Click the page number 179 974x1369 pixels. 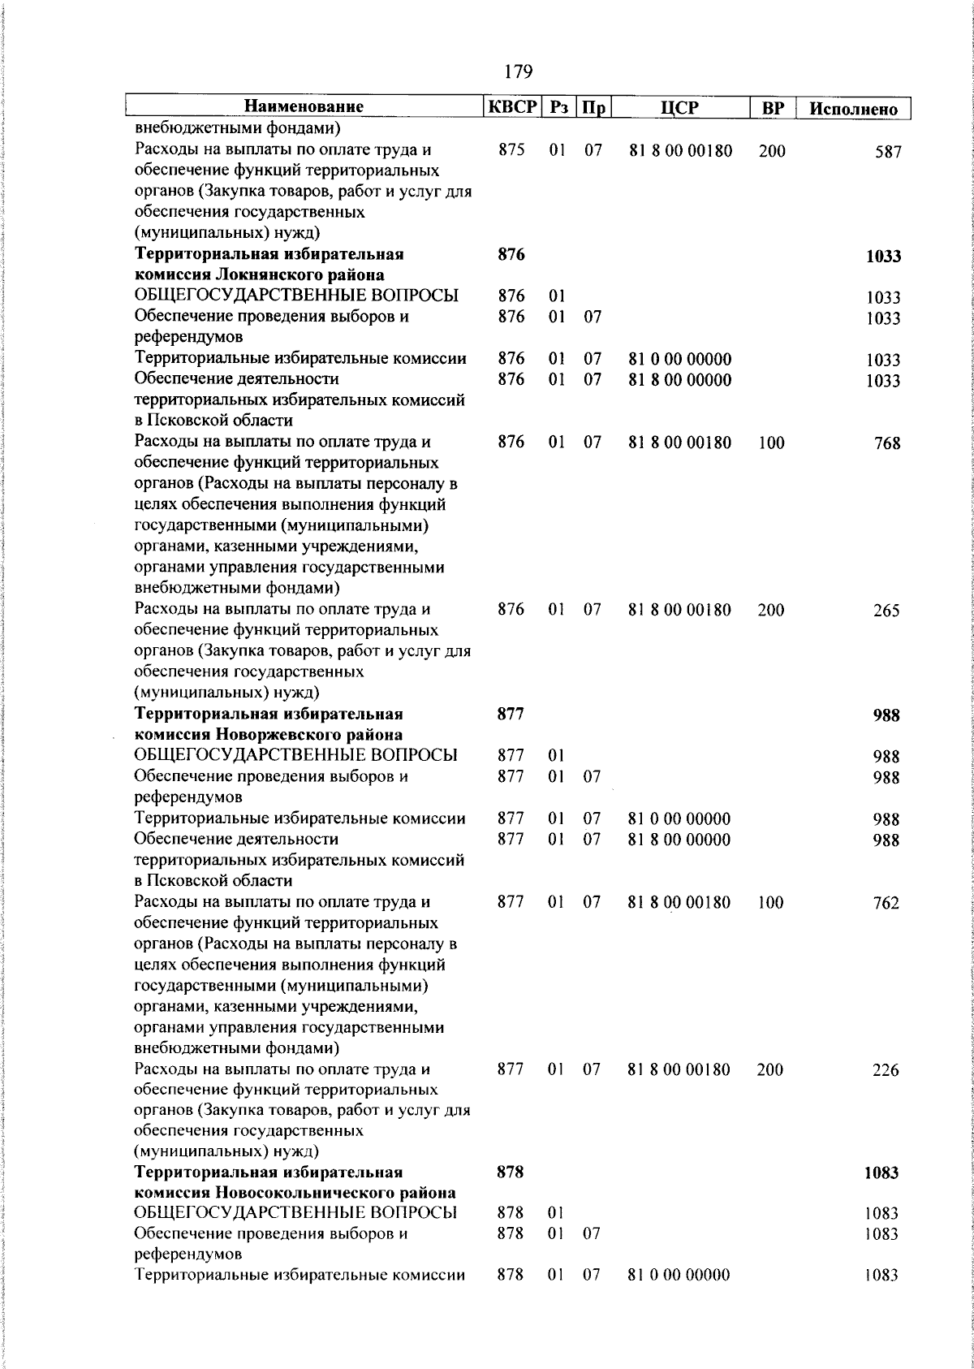click(x=517, y=72)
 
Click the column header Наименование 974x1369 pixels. click(x=304, y=107)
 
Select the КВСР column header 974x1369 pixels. click(x=511, y=107)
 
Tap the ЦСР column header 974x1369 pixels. click(x=680, y=107)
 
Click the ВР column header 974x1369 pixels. click(x=773, y=107)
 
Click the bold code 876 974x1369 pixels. click(x=511, y=255)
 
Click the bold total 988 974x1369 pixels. click(x=886, y=715)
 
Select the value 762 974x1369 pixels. click(x=886, y=904)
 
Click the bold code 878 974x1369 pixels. click(x=511, y=1173)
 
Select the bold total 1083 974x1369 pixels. click(x=882, y=1173)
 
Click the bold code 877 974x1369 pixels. click(x=511, y=715)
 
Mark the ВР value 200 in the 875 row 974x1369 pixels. click(x=771, y=151)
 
